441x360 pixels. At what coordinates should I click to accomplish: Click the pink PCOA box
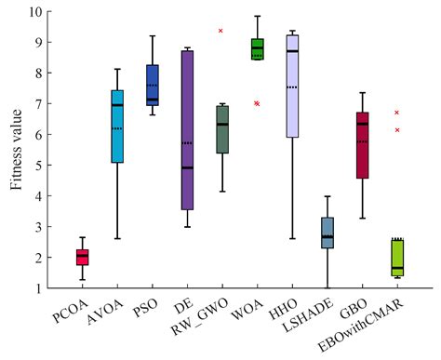83,257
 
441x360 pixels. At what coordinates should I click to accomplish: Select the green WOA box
257,48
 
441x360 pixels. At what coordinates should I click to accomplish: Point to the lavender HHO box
292,86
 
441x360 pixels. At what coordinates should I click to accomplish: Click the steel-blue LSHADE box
327,232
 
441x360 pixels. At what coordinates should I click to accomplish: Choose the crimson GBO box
362,144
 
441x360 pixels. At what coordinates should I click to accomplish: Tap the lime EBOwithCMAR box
397,257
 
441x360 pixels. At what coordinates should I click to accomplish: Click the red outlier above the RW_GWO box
220,31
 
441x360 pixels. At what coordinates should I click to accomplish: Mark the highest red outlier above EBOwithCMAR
397,113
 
